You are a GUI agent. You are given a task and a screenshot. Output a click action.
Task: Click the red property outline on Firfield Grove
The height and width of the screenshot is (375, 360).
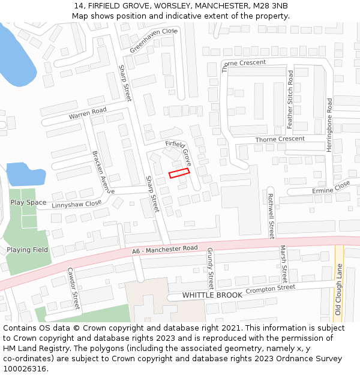click(179, 172)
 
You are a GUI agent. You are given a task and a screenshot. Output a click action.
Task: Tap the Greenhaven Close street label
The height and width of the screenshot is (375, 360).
click(154, 40)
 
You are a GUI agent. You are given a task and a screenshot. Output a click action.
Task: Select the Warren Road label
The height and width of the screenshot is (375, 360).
click(88, 112)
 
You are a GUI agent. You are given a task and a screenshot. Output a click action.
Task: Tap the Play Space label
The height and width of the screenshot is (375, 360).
click(28, 202)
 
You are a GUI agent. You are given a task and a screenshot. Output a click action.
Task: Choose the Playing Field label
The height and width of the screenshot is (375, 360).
click(28, 250)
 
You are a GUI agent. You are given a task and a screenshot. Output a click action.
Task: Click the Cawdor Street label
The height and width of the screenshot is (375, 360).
click(73, 289)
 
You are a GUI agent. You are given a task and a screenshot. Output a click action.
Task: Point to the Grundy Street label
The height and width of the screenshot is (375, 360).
click(210, 268)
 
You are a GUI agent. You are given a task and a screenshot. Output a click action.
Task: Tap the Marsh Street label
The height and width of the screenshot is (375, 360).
click(284, 264)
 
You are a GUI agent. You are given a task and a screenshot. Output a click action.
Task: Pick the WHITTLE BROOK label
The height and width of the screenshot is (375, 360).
click(212, 295)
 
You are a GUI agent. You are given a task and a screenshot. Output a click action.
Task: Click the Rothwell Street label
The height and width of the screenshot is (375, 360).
click(271, 216)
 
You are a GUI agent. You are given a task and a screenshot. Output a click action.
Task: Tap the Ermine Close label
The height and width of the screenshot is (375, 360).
click(331, 190)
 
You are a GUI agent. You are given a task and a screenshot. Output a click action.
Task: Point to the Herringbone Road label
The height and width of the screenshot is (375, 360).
click(329, 125)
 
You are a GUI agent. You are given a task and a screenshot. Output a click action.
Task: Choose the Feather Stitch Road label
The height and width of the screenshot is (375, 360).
click(290, 100)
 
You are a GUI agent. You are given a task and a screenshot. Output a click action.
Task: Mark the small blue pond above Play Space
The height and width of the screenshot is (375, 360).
click(25, 175)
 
